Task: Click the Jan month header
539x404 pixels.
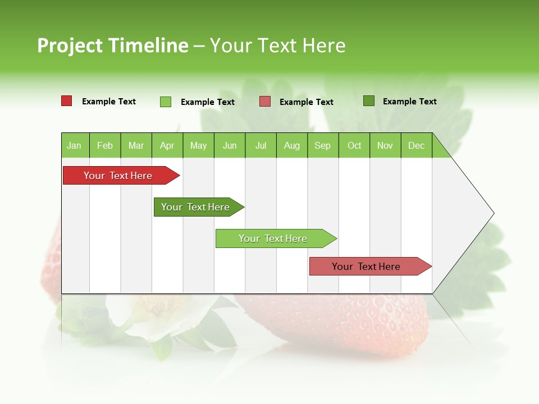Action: (75, 145)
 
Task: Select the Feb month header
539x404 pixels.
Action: (105, 145)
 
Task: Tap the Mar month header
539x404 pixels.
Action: (136, 145)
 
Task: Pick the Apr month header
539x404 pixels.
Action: (167, 145)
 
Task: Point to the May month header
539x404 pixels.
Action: (198, 145)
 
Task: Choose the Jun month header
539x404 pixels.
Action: (230, 145)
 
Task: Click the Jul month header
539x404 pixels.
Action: (261, 145)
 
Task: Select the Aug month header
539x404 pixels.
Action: (292, 145)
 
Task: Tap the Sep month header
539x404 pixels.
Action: (323, 145)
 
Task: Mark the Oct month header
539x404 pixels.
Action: (354, 145)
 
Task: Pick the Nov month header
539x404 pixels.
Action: (385, 145)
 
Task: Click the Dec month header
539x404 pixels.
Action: (417, 145)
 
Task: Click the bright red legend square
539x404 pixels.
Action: (67, 101)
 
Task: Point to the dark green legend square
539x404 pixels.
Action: (369, 101)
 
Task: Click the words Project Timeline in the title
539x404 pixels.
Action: (113, 45)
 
